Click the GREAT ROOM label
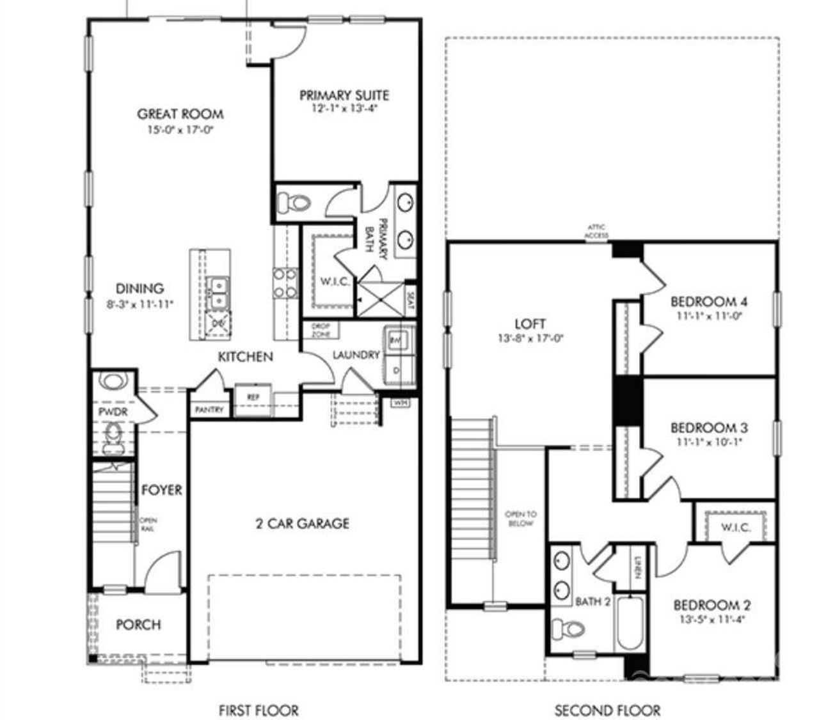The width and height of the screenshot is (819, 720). pyautogui.click(x=180, y=114)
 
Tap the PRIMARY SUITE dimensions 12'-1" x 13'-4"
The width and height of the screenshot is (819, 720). pyautogui.click(x=344, y=109)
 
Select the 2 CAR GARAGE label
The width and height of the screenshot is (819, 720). pyautogui.click(x=302, y=524)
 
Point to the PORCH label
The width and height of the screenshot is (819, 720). pyautogui.click(x=138, y=624)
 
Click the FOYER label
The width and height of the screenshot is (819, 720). pyautogui.click(x=161, y=490)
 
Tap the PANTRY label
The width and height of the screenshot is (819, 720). pyautogui.click(x=209, y=409)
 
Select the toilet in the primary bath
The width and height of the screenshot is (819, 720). pyautogui.click(x=293, y=203)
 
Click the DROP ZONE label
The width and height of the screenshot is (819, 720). pyautogui.click(x=320, y=330)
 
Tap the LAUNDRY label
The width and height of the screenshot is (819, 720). pyautogui.click(x=356, y=355)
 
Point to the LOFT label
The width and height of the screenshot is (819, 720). pyautogui.click(x=530, y=324)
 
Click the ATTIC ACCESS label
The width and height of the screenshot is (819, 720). pyautogui.click(x=594, y=231)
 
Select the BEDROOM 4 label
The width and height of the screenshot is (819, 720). pyautogui.click(x=709, y=301)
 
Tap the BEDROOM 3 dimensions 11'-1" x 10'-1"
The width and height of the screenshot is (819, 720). pyautogui.click(x=709, y=442)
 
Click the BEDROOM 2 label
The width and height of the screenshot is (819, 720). pyautogui.click(x=712, y=605)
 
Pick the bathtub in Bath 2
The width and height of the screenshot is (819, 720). pyautogui.click(x=630, y=623)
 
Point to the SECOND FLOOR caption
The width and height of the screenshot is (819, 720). pyautogui.click(x=607, y=709)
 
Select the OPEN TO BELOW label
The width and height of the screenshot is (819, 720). pyautogui.click(x=520, y=519)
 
